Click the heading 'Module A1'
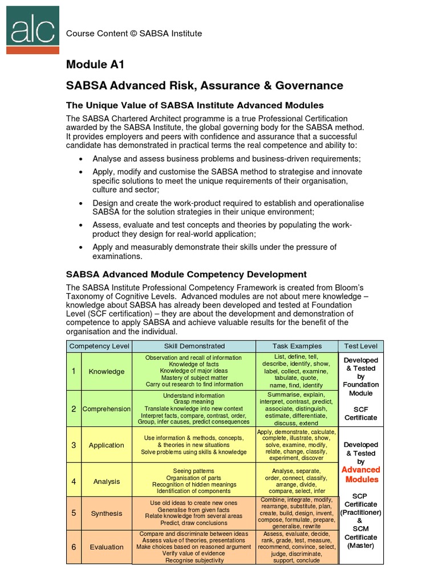pyautogui.click(x=95, y=64)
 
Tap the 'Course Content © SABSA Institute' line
pyautogui.click(x=134, y=34)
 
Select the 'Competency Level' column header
pyautogui.click(x=99, y=346)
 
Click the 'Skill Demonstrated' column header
pyautogui.click(x=194, y=346)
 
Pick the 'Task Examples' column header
pyautogui.click(x=297, y=346)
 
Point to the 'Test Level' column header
pyautogui.click(x=361, y=346)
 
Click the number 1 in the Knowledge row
pyautogui.click(x=74, y=371)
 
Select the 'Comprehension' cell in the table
pyautogui.click(x=107, y=409)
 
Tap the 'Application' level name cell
pyautogui.click(x=107, y=445)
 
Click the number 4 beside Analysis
pyautogui.click(x=74, y=481)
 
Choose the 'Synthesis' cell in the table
pyautogui.click(x=107, y=513)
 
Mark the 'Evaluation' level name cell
pyautogui.click(x=107, y=547)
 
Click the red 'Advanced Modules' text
pyautogui.click(x=360, y=474)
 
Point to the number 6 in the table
pyautogui.click(x=74, y=547)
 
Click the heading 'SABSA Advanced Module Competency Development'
pyautogui.click(x=186, y=274)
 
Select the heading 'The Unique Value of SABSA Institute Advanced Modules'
pyautogui.click(x=195, y=105)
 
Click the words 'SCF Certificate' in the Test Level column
pyautogui.click(x=360, y=413)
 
